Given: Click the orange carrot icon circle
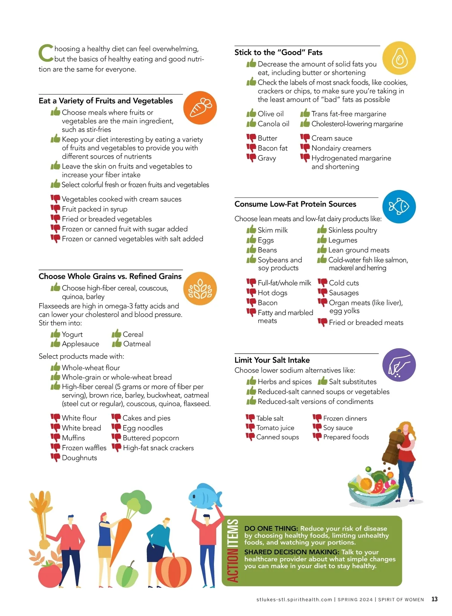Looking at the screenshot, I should [200, 108].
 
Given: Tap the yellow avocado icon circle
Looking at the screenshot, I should [399, 58].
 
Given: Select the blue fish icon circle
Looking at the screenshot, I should [399, 206].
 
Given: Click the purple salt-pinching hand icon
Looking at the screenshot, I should [399, 365].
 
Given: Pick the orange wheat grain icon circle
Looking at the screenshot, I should [200, 288].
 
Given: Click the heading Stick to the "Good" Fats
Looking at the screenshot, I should [278, 52].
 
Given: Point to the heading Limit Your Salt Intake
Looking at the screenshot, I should [272, 360].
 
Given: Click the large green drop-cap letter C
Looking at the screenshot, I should [46, 53].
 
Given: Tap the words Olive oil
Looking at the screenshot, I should [270, 114].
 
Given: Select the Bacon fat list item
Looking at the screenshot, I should [272, 148].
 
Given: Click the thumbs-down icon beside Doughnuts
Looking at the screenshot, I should [55, 458].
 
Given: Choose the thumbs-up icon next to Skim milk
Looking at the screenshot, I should [251, 230].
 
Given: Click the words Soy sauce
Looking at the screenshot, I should [338, 428].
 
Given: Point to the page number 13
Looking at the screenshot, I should [434, 599].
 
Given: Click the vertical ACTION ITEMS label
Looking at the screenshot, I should [233, 551].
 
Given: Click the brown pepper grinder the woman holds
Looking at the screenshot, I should [392, 449].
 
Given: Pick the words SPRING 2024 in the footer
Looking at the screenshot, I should [355, 599].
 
